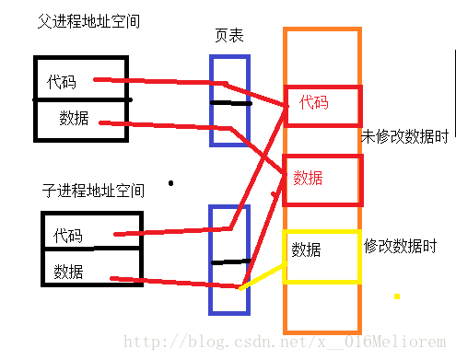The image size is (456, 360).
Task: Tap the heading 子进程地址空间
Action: (93, 191)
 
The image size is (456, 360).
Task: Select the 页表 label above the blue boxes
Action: (228, 37)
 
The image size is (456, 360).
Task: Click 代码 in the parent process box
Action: (62, 82)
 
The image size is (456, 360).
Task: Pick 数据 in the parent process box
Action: (74, 118)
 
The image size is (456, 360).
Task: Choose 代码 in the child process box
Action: (67, 235)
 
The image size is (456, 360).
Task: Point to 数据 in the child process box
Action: (68, 271)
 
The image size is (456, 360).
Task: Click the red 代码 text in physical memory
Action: (314, 103)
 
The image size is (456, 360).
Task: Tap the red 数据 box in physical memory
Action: (322, 177)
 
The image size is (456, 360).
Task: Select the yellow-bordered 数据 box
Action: (321, 256)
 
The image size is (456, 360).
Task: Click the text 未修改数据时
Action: (405, 137)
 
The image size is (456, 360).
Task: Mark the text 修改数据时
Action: (401, 247)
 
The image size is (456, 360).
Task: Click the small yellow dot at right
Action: (397, 296)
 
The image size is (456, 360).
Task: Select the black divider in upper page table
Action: (230, 102)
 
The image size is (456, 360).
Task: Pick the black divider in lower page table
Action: (230, 261)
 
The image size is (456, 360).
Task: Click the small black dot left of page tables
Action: (170, 182)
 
